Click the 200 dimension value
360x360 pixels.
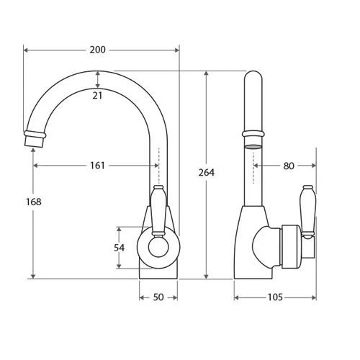97,50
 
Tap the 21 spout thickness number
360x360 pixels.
97,96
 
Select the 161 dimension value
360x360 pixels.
97,166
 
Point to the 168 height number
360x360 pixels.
34,202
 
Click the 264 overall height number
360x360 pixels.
207,172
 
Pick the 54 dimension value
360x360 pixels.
119,248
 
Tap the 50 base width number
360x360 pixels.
158,297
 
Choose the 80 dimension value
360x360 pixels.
289,166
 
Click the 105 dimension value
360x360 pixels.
275,297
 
